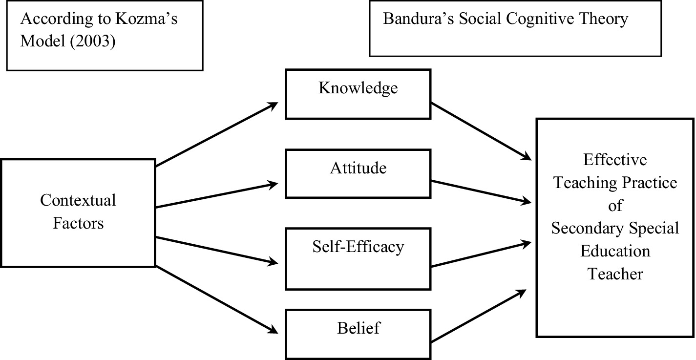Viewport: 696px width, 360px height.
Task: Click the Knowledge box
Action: click(358, 94)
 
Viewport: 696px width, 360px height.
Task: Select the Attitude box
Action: click(358, 174)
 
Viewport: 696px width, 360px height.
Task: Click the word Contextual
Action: click(78, 200)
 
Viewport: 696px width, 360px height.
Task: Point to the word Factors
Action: click(78, 223)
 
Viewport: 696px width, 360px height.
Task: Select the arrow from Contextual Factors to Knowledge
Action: click(216, 134)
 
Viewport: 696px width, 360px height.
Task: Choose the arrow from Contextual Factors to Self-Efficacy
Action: click(216, 251)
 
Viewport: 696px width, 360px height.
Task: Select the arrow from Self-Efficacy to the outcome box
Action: click(481, 254)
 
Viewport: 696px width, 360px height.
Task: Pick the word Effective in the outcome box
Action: click(615, 160)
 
